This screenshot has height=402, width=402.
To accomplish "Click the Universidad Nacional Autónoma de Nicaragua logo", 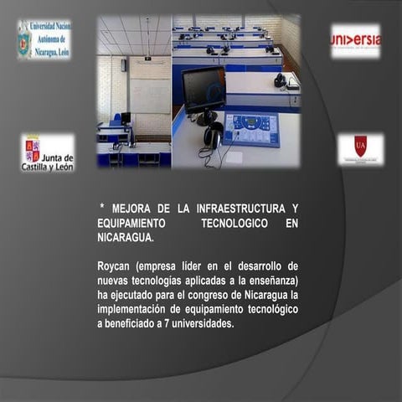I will (44, 39).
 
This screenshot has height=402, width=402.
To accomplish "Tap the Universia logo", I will (355, 40).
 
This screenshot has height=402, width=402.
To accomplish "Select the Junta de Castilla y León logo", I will (47, 152).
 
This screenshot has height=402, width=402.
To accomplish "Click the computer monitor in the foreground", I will (204, 89).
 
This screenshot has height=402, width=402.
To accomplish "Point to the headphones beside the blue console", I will (213, 134).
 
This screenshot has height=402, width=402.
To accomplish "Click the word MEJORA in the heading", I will (133, 208).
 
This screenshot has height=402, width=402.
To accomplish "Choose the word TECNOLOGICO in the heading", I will (234, 223).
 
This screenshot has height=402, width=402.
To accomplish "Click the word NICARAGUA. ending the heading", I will (125, 238).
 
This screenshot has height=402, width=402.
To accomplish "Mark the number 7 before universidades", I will (162, 323).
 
